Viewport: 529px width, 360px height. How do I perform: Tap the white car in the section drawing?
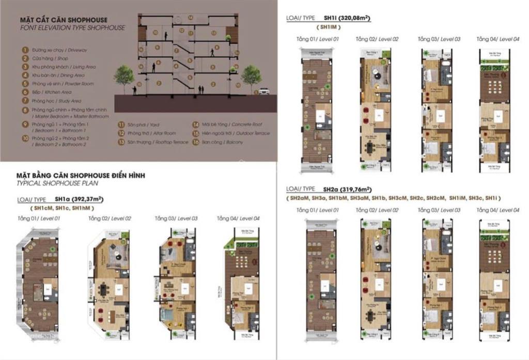pyautogui.click(x=264, y=91)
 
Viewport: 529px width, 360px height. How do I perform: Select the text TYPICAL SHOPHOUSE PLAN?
pyautogui.click(x=57, y=183)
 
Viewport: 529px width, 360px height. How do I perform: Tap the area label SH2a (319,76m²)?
pyautogui.click(x=348, y=189)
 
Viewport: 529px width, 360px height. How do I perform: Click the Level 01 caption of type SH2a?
pyautogui.click(x=317, y=210)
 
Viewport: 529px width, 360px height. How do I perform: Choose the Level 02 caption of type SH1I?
pyautogui.click(x=377, y=39)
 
